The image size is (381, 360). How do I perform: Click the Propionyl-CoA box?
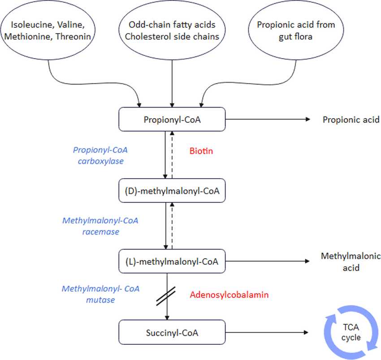click(172, 120)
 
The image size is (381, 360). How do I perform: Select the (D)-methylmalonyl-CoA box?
click(172, 191)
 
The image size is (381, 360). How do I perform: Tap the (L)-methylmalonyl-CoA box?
click(172, 261)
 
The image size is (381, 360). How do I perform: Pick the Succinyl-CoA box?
click(172, 333)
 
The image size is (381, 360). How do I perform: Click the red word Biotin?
click(201, 151)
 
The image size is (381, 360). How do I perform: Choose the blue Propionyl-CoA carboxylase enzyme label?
click(98, 155)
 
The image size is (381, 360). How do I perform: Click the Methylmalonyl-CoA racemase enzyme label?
click(101, 226)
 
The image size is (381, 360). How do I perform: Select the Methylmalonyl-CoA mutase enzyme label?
click(101, 294)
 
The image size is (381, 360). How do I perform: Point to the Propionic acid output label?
click(351, 120)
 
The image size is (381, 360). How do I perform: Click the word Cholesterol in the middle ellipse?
click(144, 37)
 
